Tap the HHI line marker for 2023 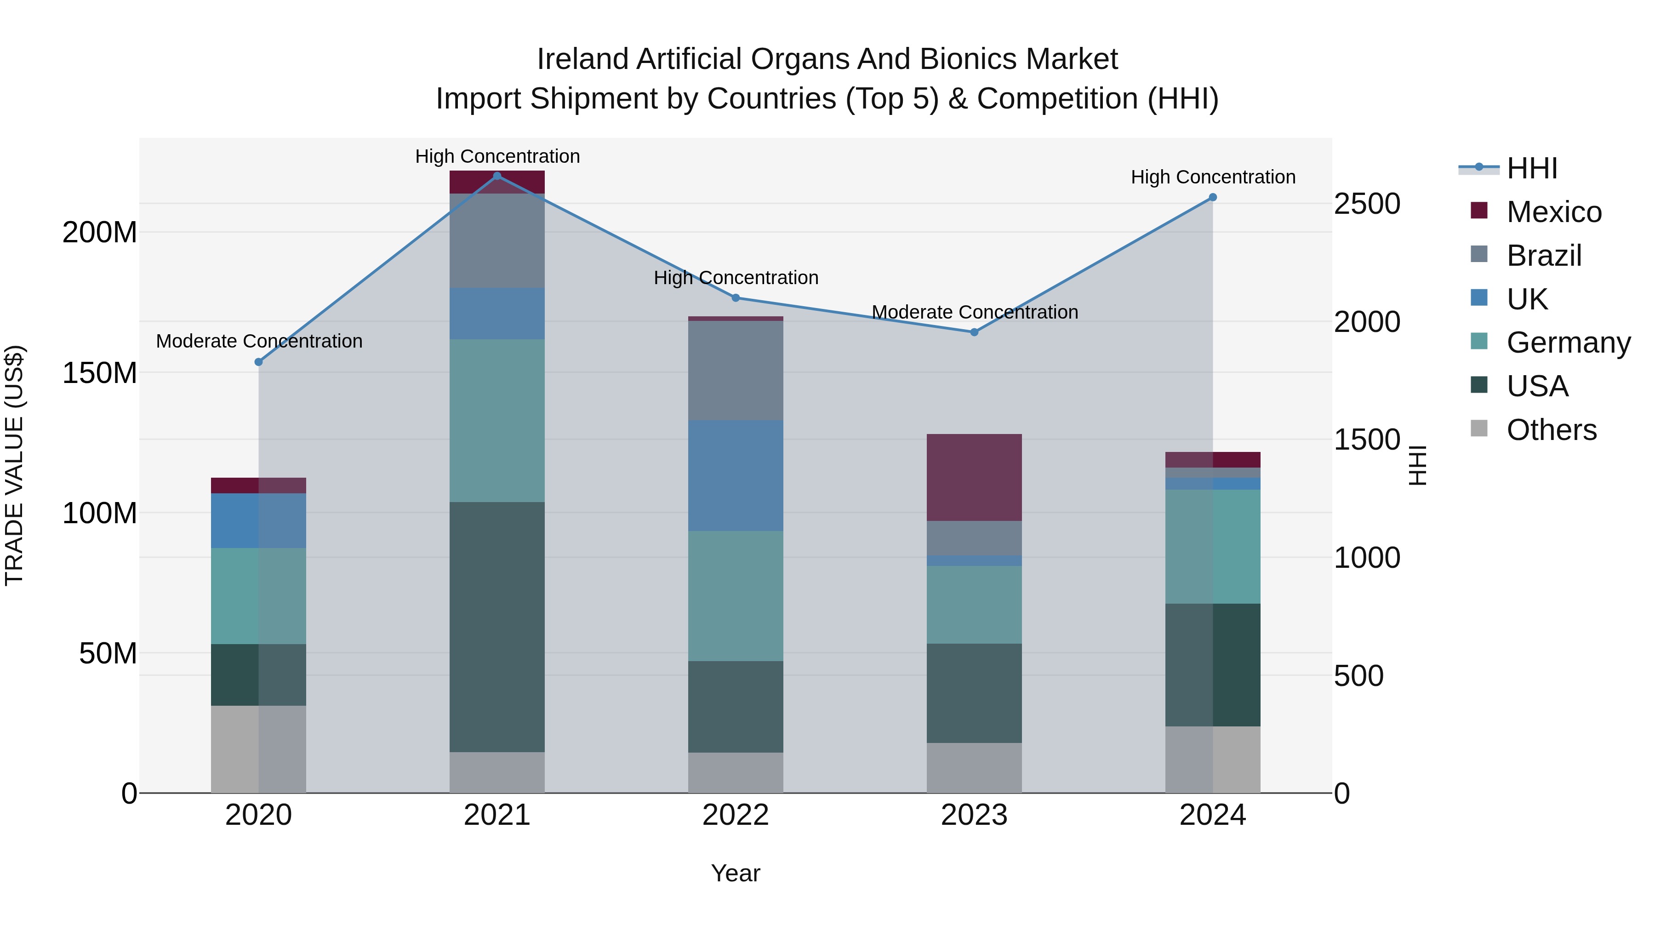point(974,332)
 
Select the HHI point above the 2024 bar point(1213,197)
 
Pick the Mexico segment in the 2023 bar point(974,477)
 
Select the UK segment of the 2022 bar point(736,475)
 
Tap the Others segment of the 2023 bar point(974,768)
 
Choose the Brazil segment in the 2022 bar point(736,371)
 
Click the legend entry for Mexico point(1553,212)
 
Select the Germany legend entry point(1568,343)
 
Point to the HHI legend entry point(1532,168)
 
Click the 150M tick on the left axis point(100,373)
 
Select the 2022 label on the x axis point(736,815)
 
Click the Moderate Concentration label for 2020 point(259,341)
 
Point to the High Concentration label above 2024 point(1213,177)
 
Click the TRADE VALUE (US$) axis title point(14,465)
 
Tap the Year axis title point(736,873)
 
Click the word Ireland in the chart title point(582,59)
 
